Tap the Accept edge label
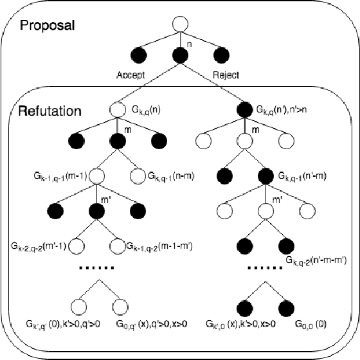(x=130, y=74)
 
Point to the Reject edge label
(x=226, y=74)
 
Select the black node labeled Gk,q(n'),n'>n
(x=244, y=109)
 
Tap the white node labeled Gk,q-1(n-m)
(x=138, y=174)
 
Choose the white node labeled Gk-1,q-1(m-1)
(x=96, y=174)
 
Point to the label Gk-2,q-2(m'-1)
(x=38, y=245)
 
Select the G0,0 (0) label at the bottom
(x=310, y=325)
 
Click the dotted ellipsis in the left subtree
(x=96, y=267)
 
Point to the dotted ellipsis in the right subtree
(x=264, y=267)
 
